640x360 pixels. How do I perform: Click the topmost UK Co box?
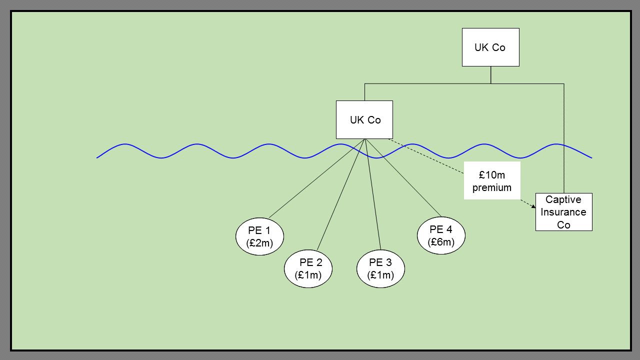tap(490, 47)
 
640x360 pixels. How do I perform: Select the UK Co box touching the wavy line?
tap(364, 119)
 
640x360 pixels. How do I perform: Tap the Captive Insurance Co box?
tap(563, 212)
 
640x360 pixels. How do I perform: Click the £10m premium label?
tap(492, 180)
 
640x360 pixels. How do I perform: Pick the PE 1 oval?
tap(259, 236)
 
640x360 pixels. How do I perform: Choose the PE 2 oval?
tap(308, 268)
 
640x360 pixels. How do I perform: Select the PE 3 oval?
tap(380, 268)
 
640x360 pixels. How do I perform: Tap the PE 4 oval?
tap(441, 235)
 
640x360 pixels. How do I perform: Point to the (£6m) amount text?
tap(441, 242)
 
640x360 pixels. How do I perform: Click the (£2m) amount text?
tap(259, 243)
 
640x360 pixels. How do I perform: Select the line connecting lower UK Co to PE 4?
tap(403, 178)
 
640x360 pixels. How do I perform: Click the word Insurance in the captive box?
tap(563, 212)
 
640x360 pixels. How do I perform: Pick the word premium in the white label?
tap(492, 188)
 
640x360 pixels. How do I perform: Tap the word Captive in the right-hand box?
tap(563, 199)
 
